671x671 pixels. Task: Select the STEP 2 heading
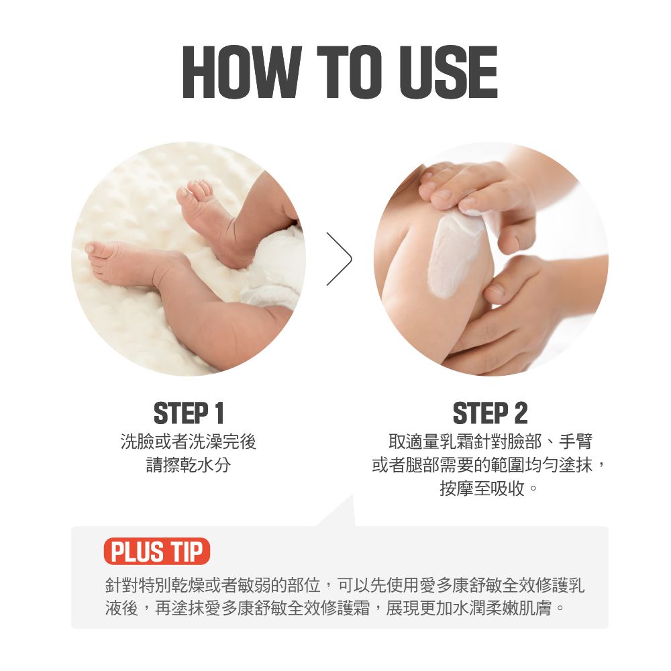(x=490, y=413)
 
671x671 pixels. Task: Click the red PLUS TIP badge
(x=156, y=552)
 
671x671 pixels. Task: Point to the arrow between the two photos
(x=339, y=259)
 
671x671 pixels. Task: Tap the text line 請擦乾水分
(x=189, y=465)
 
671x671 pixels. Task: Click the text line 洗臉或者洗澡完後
(x=189, y=442)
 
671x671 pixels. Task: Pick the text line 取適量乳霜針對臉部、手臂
(x=491, y=442)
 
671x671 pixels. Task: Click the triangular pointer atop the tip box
(x=340, y=513)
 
